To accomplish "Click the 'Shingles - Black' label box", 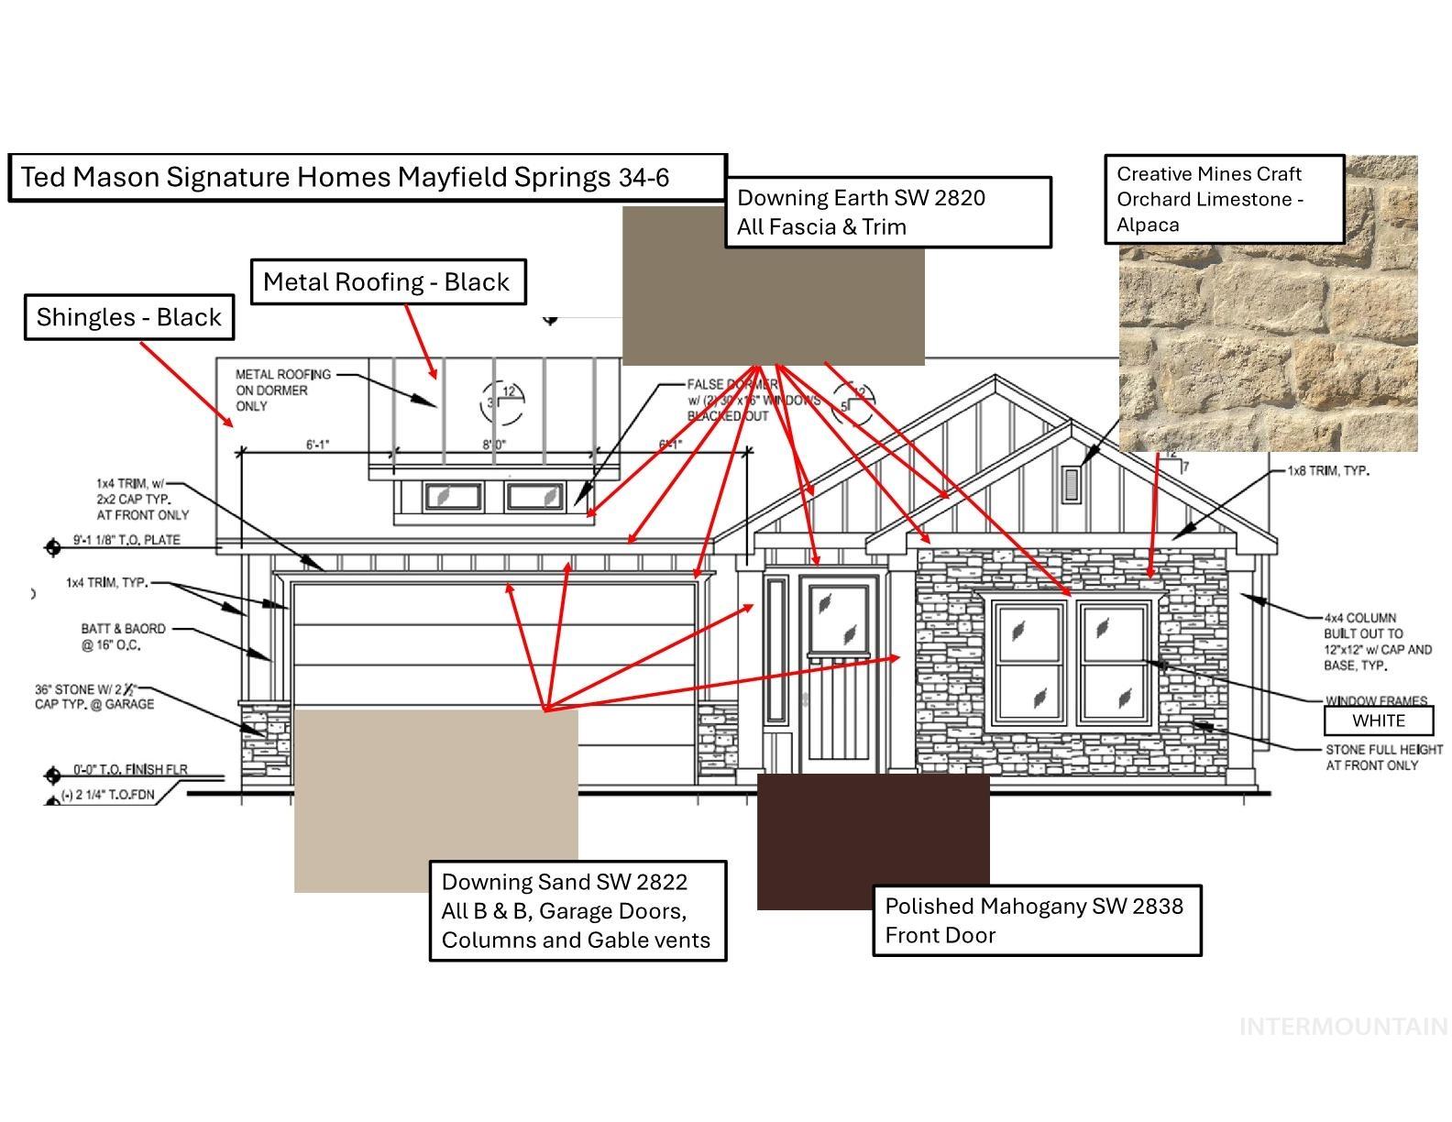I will point(128,317).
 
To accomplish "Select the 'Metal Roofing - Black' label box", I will point(387,281).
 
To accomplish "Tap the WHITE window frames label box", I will point(1378,720).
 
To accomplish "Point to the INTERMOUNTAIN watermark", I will point(1343,1027).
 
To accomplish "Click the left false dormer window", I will point(452,497).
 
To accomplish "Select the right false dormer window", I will point(535,497).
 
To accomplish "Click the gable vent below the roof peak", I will point(1071,484).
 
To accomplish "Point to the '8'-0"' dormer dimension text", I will point(495,445).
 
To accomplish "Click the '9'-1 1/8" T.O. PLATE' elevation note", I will point(126,540).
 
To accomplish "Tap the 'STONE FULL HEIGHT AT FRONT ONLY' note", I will point(1383,757).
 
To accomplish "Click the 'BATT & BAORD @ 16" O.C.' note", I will point(123,637).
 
